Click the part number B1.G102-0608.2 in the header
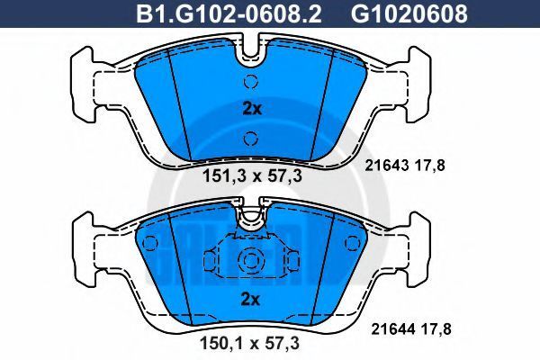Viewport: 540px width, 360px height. [229, 13]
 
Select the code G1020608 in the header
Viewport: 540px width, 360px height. [409, 13]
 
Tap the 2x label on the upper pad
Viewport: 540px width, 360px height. [252, 109]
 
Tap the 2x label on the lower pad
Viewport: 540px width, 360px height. [250, 300]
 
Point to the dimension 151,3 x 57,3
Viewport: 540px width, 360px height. [252, 176]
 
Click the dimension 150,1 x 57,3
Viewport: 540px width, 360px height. [249, 344]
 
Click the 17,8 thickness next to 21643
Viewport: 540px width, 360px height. [430, 166]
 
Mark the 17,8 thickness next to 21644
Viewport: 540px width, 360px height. [436, 329]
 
